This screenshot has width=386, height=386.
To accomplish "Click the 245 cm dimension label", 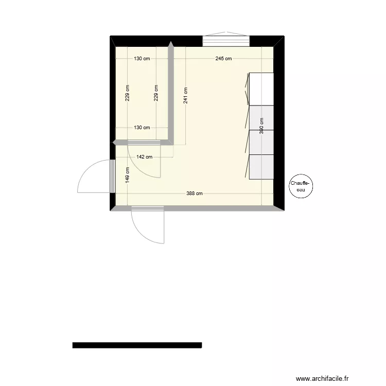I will tap(223, 59).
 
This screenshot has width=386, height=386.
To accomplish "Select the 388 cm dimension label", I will tap(195, 194).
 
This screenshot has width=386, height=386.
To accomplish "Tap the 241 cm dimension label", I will tap(185, 95).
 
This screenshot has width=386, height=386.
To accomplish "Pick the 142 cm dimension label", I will tap(144, 157).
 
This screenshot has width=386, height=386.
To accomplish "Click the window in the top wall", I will tap(225, 41).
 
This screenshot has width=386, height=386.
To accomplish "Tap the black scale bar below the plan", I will tap(137, 345).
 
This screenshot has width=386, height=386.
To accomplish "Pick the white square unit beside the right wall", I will tap(261, 89).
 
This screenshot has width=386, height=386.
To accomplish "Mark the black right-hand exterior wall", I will tap(279, 124).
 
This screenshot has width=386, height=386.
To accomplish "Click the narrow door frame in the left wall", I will tap(112, 176).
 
